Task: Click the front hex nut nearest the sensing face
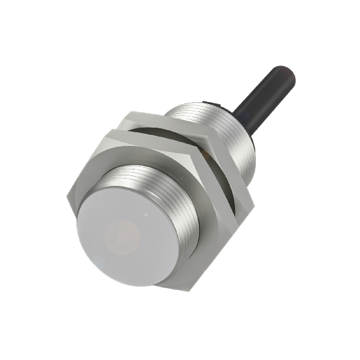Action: click(131, 157)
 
